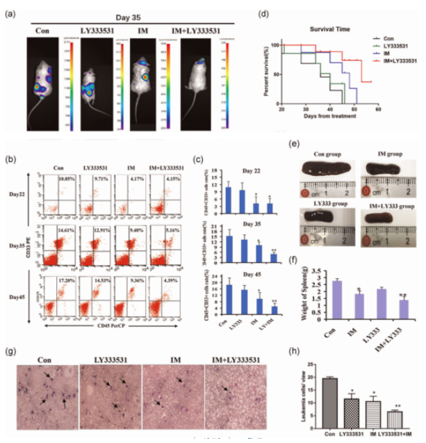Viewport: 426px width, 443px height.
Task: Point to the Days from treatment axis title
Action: (x=323, y=116)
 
